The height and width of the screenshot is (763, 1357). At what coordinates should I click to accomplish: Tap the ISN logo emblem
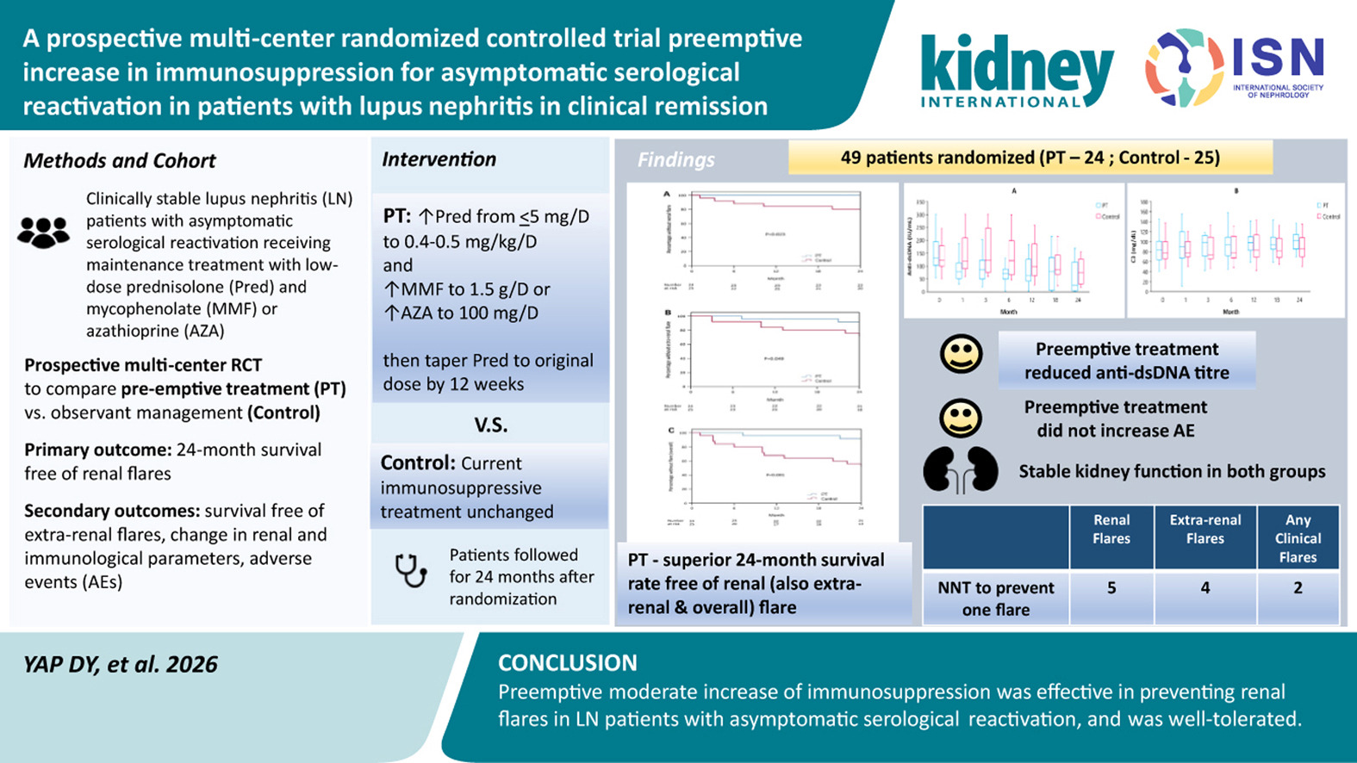[1184, 67]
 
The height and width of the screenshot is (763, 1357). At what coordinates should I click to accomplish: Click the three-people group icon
[43, 232]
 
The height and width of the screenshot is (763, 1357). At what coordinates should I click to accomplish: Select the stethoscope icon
[411, 569]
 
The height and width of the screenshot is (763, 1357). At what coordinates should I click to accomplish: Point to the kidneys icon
[960, 470]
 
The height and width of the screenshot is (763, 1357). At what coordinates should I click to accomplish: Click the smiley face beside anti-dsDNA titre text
[961, 355]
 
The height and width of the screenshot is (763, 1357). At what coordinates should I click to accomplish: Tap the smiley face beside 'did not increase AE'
[961, 419]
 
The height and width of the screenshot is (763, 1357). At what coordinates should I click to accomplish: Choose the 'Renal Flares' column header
[1111, 530]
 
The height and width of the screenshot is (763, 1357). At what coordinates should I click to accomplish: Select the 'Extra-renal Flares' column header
[1204, 530]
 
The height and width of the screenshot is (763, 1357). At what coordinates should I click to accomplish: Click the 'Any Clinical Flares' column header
[1298, 538]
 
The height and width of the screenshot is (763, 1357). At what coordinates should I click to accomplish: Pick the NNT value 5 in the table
[1111, 588]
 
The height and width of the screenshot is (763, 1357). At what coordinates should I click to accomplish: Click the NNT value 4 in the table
[1204, 588]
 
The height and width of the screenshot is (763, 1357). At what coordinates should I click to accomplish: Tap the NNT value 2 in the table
[1298, 588]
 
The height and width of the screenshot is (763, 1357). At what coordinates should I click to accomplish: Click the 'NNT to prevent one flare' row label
[995, 599]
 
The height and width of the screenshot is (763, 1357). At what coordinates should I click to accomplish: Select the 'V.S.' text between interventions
[490, 425]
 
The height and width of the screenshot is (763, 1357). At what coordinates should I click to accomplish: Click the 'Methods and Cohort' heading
[120, 160]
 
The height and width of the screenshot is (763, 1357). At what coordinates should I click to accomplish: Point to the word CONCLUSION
[568, 662]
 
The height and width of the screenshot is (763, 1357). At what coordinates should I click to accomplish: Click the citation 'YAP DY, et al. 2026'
[121, 664]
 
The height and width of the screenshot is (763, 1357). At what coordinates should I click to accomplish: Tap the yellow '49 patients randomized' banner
[1030, 158]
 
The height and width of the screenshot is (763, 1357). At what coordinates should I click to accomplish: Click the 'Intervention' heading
[439, 159]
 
